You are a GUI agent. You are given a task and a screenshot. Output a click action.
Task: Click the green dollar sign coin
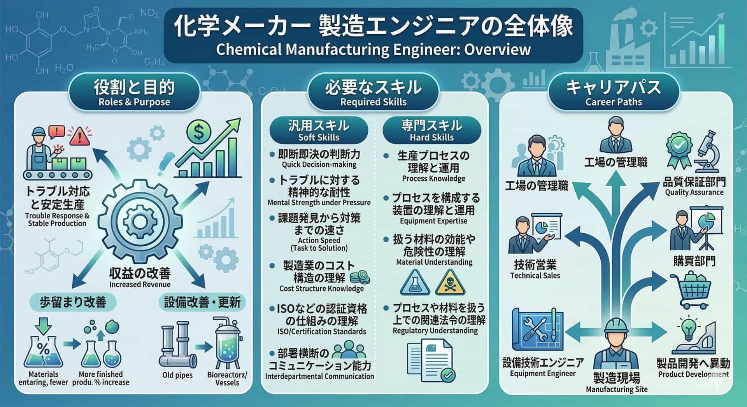point(198,133)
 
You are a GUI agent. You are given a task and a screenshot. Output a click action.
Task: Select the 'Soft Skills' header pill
point(319,130)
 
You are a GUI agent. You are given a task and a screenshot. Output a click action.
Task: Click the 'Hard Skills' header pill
point(431,130)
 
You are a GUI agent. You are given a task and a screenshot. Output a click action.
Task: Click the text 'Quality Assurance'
point(694,192)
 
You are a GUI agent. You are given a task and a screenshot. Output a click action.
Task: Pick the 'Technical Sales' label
point(535,276)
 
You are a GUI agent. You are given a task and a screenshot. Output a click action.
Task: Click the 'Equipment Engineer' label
point(542,374)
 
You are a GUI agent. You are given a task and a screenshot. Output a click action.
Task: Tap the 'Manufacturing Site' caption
point(617,389)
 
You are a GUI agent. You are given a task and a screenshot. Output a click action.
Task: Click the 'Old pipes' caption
point(177,375)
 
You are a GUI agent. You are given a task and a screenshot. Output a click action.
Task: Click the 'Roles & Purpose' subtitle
point(134,102)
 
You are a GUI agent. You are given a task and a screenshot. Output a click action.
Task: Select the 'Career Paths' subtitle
point(614,102)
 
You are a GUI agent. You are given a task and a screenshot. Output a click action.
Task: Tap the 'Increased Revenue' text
point(140,285)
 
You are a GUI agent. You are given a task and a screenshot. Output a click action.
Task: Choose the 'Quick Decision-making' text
point(319,164)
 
